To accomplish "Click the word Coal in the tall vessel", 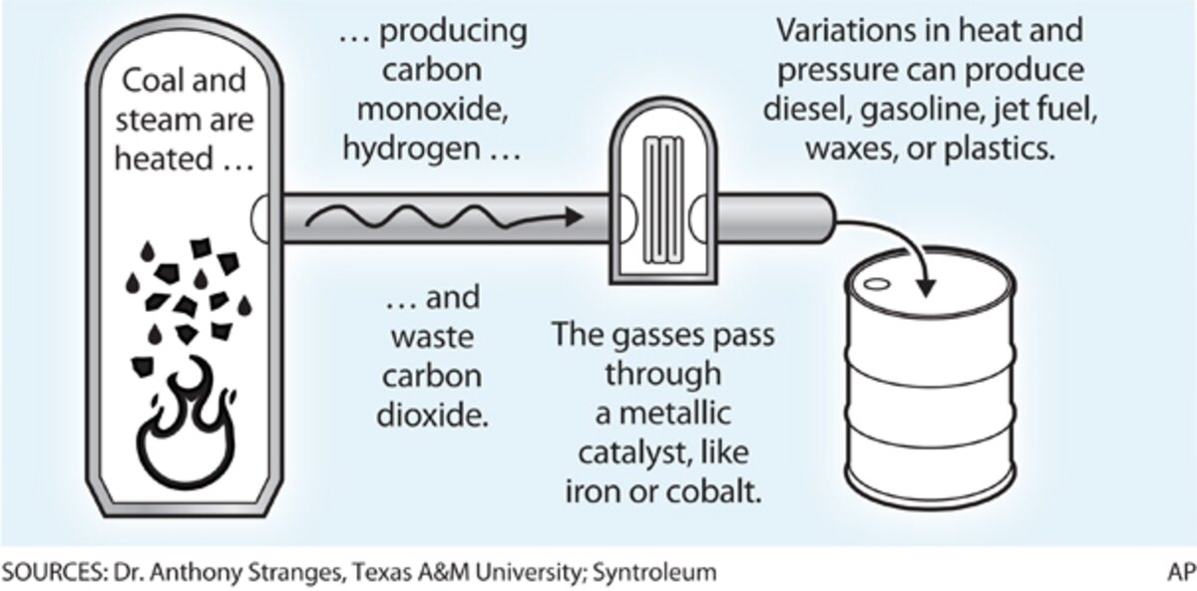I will pyautogui.click(x=151, y=85).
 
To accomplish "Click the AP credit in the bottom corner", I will pyautogui.click(x=1179, y=574).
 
